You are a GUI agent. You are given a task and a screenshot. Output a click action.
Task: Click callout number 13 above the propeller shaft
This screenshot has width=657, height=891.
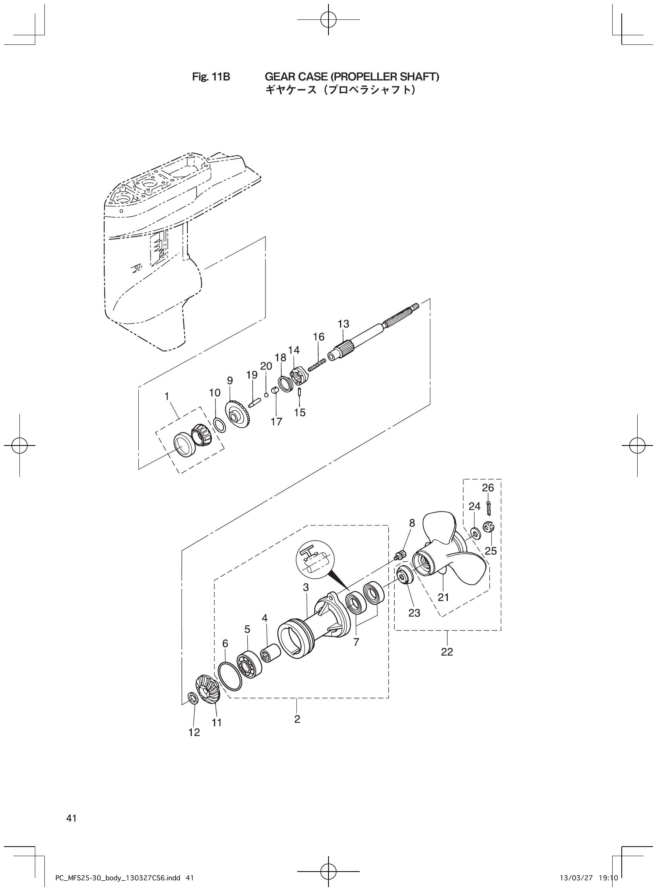pyautogui.click(x=343, y=324)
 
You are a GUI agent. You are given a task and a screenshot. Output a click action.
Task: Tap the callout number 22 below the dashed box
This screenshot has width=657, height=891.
pyautogui.click(x=447, y=652)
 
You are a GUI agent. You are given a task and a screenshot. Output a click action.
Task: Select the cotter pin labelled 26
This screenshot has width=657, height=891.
pyautogui.click(x=488, y=509)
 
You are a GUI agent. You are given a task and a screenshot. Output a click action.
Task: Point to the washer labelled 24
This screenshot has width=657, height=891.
pyautogui.click(x=474, y=532)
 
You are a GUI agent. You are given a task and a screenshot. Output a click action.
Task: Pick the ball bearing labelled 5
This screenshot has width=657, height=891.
pyautogui.click(x=249, y=665)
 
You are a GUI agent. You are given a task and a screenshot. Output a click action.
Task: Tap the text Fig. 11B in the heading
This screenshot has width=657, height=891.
pyautogui.click(x=211, y=77)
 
